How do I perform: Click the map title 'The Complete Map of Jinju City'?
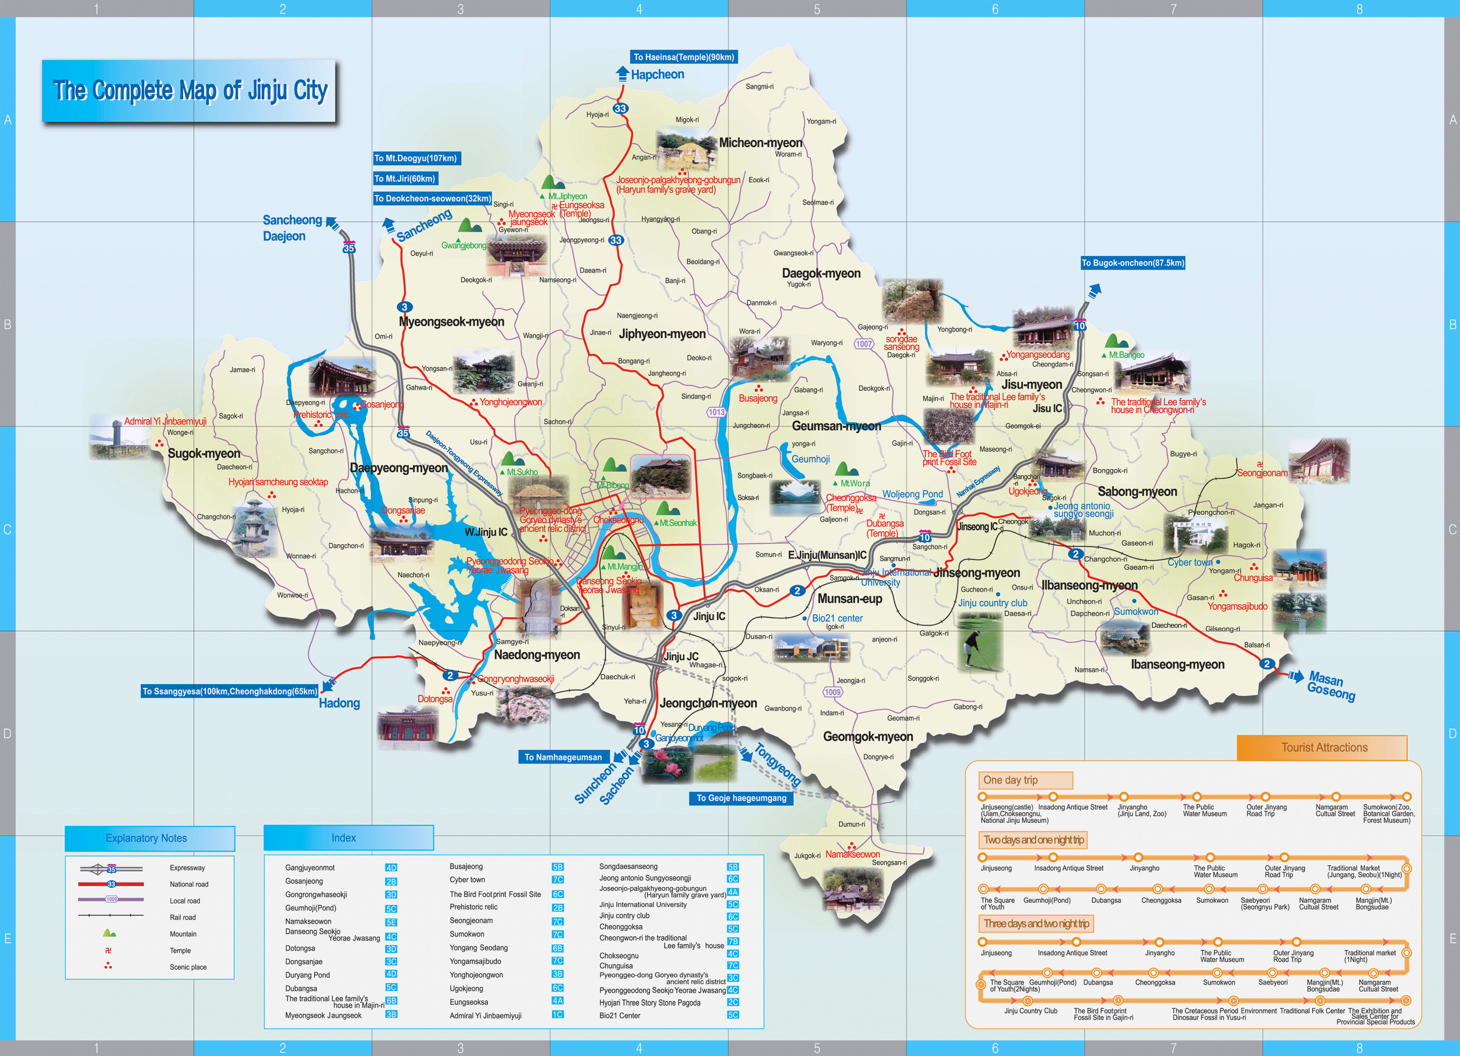(x=189, y=91)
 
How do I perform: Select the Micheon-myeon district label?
(x=760, y=143)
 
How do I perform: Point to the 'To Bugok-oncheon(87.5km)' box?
(x=1132, y=263)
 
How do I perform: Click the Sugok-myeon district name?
(x=204, y=454)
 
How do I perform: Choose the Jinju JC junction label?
(x=681, y=657)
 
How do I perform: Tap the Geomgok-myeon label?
(x=868, y=737)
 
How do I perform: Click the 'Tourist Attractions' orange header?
(x=1324, y=748)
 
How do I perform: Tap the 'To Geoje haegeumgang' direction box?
(x=741, y=799)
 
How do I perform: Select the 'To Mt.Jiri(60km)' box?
(x=406, y=179)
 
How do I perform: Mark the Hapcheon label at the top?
(x=657, y=75)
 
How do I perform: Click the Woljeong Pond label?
(x=912, y=494)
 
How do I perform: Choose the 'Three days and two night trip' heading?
(x=1036, y=924)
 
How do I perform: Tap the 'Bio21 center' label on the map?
(x=837, y=618)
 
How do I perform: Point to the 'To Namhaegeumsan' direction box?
(x=563, y=757)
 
